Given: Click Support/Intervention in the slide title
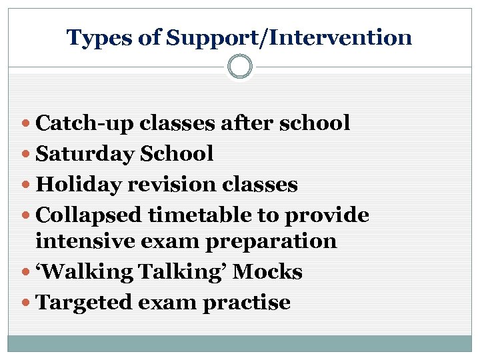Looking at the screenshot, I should click(x=289, y=38).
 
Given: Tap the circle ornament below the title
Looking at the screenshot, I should click(x=240, y=67).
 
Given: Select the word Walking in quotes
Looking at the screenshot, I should click(x=79, y=272).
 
